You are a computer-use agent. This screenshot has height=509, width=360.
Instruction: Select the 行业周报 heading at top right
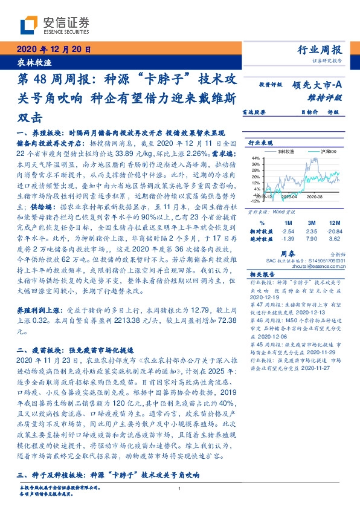tap(320, 50)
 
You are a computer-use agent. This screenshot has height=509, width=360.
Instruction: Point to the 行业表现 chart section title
tap(261, 143)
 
